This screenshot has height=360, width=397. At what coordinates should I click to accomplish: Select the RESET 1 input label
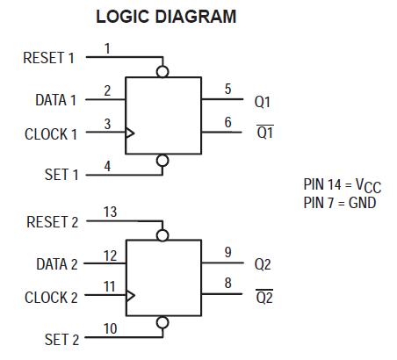click(48, 58)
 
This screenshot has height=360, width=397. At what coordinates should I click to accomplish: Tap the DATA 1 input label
click(55, 100)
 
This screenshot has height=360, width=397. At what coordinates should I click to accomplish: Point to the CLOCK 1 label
click(51, 134)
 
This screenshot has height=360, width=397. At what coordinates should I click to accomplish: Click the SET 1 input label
click(61, 175)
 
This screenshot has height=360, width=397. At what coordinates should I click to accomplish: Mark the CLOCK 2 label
click(51, 298)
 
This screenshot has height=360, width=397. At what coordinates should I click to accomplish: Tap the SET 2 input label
click(61, 339)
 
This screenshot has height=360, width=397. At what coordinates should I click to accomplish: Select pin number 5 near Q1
click(227, 89)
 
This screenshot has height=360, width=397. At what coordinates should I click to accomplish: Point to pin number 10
click(110, 329)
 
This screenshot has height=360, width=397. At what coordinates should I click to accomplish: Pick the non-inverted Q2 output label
click(263, 263)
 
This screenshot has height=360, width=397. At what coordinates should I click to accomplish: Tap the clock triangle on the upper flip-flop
click(130, 133)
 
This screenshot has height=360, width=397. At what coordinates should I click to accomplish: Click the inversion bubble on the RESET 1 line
click(161, 71)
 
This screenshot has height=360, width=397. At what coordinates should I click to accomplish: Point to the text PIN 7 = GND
click(339, 202)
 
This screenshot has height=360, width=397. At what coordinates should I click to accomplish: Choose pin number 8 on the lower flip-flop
click(227, 283)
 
